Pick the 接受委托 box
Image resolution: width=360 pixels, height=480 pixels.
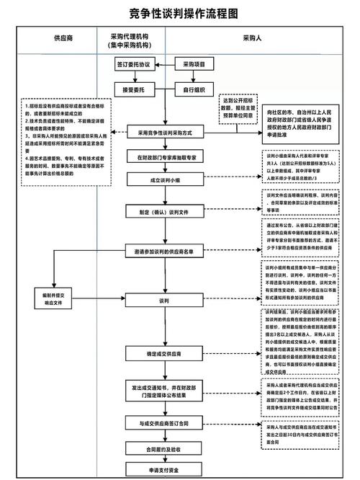[x=133, y=90]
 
